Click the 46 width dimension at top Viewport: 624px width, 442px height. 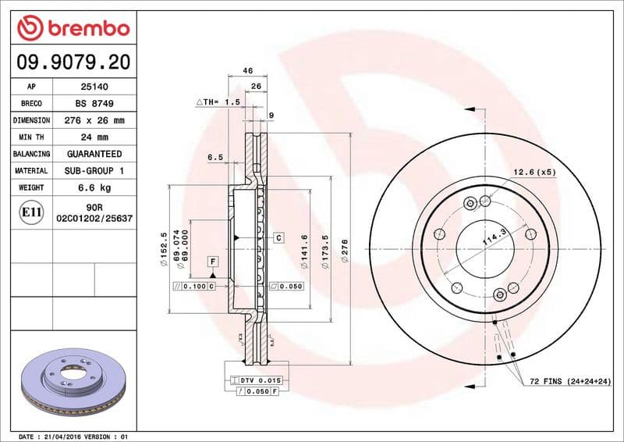click(x=248, y=71)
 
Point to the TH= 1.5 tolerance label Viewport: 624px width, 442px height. click(x=218, y=102)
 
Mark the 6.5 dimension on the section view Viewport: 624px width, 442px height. click(x=215, y=157)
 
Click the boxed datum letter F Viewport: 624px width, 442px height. click(x=212, y=260)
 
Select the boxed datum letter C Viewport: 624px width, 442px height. click(x=278, y=237)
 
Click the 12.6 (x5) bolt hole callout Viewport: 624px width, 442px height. click(x=534, y=172)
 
